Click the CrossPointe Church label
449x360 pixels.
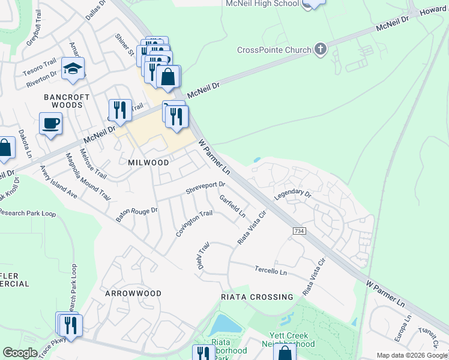(274, 50)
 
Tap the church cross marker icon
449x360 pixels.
(321, 50)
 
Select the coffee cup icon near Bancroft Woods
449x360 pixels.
(50, 124)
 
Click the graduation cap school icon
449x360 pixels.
(73, 69)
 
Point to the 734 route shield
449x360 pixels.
(299, 231)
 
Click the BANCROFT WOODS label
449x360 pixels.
(66, 101)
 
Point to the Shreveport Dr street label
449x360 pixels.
(205, 188)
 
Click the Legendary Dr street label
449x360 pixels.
(293, 195)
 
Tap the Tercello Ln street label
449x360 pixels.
(271, 271)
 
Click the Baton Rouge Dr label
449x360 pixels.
(136, 215)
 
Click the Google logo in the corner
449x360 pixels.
(20, 353)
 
